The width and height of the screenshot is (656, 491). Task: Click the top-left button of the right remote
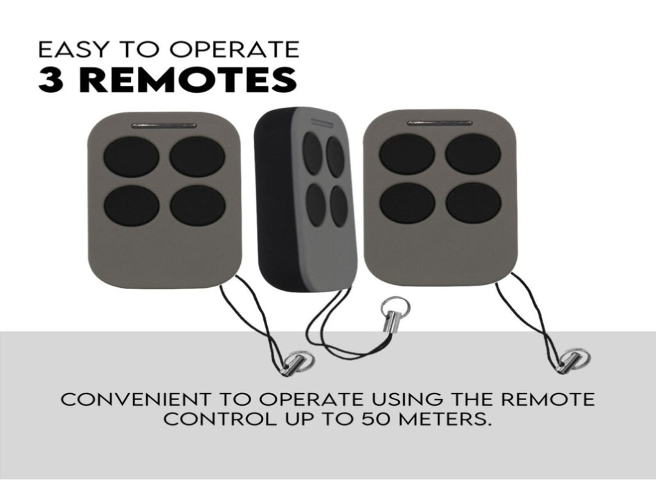tap(407, 154)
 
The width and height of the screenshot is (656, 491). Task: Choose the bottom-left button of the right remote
tap(407, 203)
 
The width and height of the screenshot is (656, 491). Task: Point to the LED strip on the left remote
tap(163, 125)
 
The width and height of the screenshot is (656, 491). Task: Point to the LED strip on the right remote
tap(439, 122)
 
